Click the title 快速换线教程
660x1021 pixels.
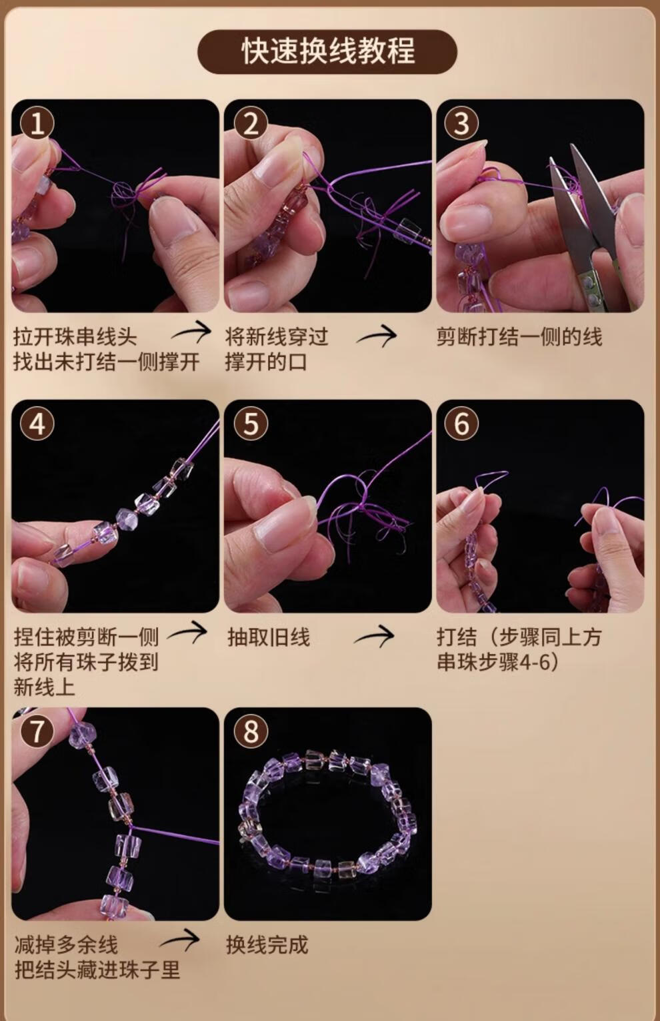click(328, 51)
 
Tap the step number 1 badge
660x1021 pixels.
click(37, 123)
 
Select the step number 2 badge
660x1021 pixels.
click(251, 123)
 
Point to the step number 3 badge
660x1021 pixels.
click(461, 123)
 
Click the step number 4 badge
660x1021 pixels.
click(37, 424)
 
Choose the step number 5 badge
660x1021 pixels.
click(251, 424)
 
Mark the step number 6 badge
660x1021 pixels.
click(461, 424)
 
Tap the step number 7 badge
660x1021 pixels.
click(37, 731)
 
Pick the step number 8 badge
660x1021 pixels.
click(251, 731)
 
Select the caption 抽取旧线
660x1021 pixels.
click(269, 637)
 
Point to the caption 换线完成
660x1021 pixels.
click(267, 945)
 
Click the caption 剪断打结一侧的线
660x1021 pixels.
click(519, 337)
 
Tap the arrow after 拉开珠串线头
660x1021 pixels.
click(191, 332)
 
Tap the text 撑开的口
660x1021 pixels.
click(265, 362)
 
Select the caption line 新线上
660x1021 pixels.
click(44, 687)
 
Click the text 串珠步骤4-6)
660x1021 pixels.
click(497, 662)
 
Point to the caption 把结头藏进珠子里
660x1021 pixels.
click(97, 970)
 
